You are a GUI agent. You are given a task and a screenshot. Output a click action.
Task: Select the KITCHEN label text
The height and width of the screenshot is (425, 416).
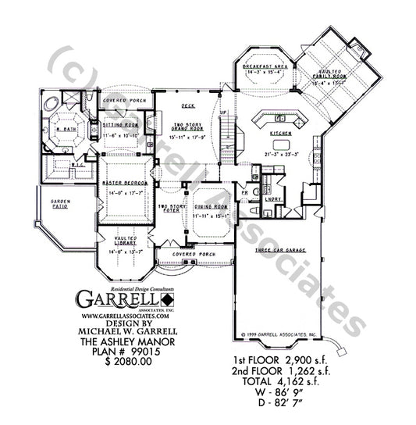280,134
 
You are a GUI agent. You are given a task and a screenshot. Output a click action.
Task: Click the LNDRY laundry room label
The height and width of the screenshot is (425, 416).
272,200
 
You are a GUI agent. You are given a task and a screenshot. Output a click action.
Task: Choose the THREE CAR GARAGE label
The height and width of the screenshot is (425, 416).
279,250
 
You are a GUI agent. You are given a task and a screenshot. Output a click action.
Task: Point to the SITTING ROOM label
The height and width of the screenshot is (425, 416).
119,124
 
